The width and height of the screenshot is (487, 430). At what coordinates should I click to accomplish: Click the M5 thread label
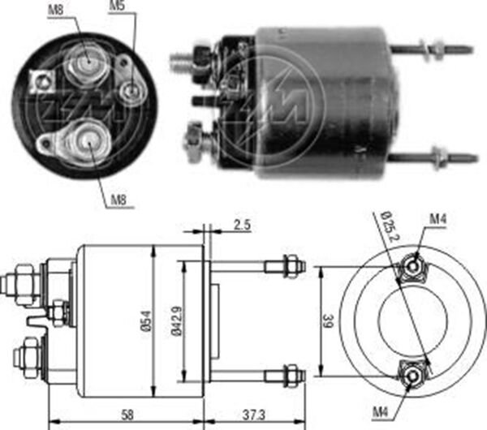[118, 7]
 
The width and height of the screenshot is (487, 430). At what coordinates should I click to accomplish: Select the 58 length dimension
[128, 415]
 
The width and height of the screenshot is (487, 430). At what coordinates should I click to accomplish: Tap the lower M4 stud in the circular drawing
[412, 375]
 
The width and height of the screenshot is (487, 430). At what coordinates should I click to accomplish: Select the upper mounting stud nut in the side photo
[438, 49]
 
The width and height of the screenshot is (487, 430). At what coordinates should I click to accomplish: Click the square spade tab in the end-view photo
[36, 80]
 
